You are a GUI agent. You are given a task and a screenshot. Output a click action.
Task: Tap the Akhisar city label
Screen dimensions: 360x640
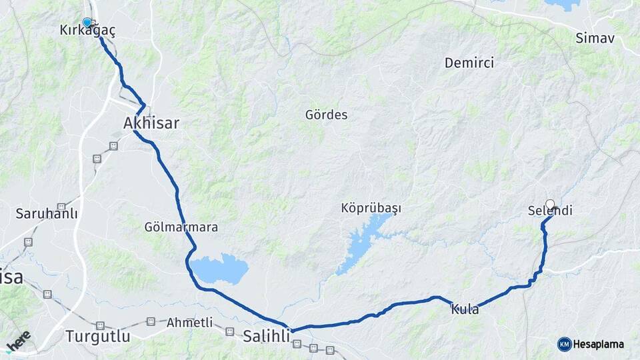151,123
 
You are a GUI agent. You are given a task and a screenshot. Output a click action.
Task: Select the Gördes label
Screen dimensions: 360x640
327,115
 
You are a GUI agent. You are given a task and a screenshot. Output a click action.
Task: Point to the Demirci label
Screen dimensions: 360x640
469,63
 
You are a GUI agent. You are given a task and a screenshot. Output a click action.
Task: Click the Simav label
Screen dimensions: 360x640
595,38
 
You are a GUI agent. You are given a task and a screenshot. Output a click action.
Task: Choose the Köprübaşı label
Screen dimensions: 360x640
371,209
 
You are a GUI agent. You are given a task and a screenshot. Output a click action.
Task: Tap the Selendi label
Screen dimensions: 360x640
550,211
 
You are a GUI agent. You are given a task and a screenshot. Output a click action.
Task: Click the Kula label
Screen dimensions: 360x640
465,309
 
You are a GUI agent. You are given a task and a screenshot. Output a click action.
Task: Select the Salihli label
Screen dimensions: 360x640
267,336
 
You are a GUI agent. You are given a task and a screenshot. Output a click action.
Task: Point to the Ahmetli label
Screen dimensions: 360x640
189,323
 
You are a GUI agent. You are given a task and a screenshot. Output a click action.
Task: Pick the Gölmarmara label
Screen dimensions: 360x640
181,227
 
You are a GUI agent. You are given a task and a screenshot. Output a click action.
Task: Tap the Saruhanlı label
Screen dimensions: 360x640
47,215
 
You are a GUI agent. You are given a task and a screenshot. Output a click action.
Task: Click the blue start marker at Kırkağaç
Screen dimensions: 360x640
87,22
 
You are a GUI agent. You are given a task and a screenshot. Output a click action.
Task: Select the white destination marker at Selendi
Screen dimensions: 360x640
550,204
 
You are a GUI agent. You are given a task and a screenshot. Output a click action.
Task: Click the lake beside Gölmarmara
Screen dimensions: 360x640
220,269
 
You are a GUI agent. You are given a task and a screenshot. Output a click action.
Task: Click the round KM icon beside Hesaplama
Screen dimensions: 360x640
564,344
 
